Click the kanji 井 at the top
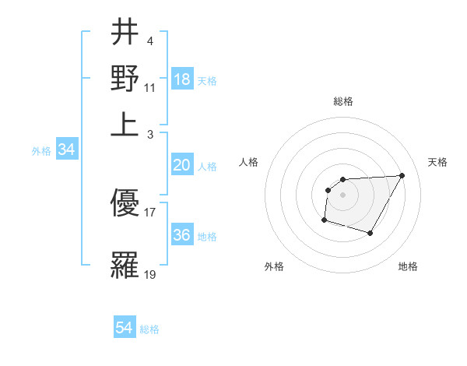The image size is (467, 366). (125, 33)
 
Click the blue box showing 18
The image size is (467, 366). (182, 79)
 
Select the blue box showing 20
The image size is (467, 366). (182, 165)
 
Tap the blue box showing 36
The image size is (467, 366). (182, 235)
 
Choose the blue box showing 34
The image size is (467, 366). (66, 150)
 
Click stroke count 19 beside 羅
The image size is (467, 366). (150, 274)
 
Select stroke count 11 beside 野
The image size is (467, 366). (150, 87)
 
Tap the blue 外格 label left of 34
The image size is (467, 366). (41, 151)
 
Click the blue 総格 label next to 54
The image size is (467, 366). (149, 329)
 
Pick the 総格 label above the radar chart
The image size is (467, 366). (343, 101)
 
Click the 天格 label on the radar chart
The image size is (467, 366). (437, 162)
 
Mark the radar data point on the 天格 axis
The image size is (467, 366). (402, 175)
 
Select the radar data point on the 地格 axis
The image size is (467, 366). (370, 233)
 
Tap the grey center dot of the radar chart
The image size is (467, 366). (343, 195)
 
